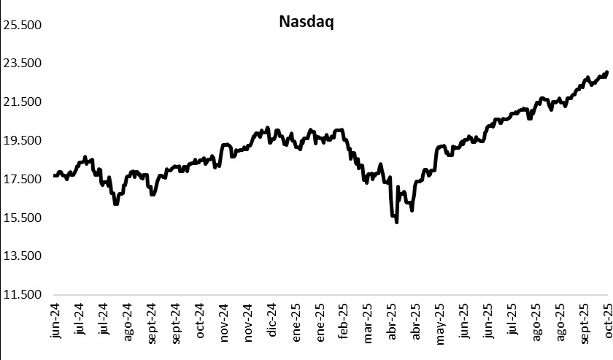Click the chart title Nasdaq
coord(306,22)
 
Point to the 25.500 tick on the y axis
coord(24,25)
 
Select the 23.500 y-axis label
coord(24,64)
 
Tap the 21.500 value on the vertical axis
coord(24,102)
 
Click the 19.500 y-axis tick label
coord(24,141)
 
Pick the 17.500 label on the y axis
coord(24,180)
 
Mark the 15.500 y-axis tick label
coord(24,218)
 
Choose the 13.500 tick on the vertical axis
coord(24,256)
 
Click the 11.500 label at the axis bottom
coord(24,295)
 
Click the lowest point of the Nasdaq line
coord(396,222)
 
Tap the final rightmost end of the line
coord(607,72)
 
